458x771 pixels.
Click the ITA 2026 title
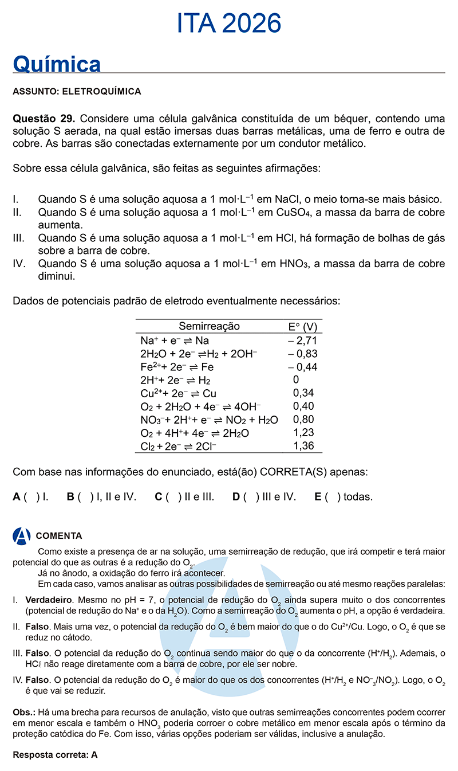(x=229, y=24)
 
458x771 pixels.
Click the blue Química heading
(x=57, y=64)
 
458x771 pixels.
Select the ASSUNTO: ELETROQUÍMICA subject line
(x=77, y=91)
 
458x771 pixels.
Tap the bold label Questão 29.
(x=44, y=119)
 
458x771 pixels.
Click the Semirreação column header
(x=209, y=327)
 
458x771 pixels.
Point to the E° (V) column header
(x=303, y=327)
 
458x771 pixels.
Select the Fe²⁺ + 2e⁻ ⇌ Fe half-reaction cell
(x=177, y=367)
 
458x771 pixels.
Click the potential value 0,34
(x=303, y=393)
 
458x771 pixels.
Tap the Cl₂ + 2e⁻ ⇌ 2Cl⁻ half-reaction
(x=178, y=446)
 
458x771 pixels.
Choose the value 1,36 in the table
(x=303, y=446)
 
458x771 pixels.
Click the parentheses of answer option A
(x=31, y=497)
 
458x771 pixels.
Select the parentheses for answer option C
(x=172, y=497)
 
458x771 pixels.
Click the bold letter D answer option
(x=236, y=497)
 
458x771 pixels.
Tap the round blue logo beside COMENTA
(x=21, y=536)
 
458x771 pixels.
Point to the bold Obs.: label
(x=23, y=712)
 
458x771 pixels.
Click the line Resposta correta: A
(x=55, y=755)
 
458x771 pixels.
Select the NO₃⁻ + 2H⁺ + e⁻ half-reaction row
(x=209, y=420)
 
